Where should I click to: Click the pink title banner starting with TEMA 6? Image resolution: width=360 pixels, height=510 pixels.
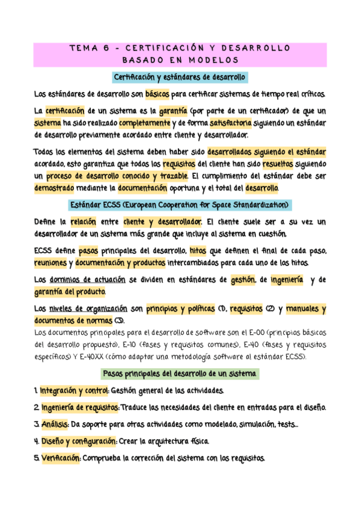(x=180, y=54)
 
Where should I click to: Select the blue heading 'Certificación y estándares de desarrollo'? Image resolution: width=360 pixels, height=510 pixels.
(x=180, y=78)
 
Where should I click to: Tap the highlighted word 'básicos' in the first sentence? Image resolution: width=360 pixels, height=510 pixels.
(x=157, y=94)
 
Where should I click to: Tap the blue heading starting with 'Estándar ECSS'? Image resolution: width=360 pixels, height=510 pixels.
(x=180, y=205)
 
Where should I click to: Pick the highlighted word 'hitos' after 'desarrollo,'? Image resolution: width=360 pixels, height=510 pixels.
(x=198, y=250)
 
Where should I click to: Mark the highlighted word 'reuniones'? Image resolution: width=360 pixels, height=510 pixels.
(x=50, y=263)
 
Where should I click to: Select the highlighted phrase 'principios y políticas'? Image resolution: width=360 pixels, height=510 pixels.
(x=180, y=309)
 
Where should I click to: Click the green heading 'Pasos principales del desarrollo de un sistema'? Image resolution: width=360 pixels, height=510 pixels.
(x=180, y=373)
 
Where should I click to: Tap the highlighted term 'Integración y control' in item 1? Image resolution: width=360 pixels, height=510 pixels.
(x=74, y=391)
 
